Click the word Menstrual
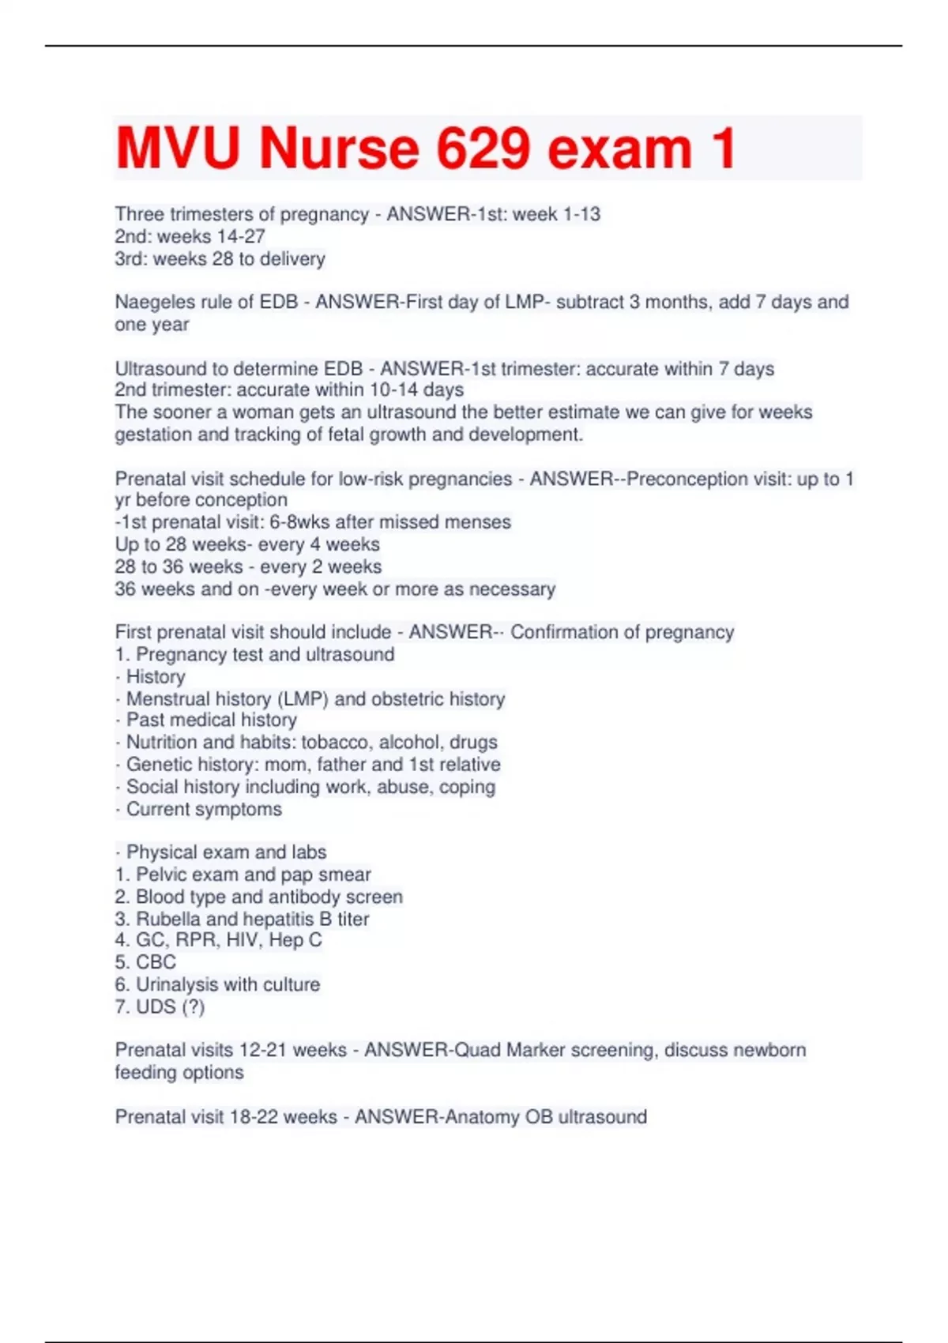166,699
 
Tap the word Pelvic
162,875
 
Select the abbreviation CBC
156,962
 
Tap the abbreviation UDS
156,1006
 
